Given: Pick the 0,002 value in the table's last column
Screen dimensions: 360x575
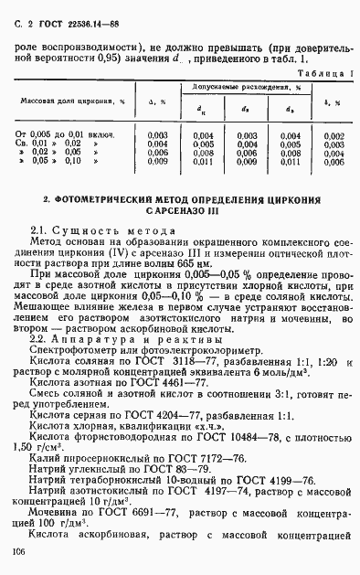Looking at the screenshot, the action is coord(334,135).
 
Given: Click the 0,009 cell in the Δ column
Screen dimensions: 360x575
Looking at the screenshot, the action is coord(157,161).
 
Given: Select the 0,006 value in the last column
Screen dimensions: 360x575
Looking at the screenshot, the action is coord(334,161).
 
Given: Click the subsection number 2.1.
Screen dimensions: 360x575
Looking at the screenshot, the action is coord(40,229).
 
